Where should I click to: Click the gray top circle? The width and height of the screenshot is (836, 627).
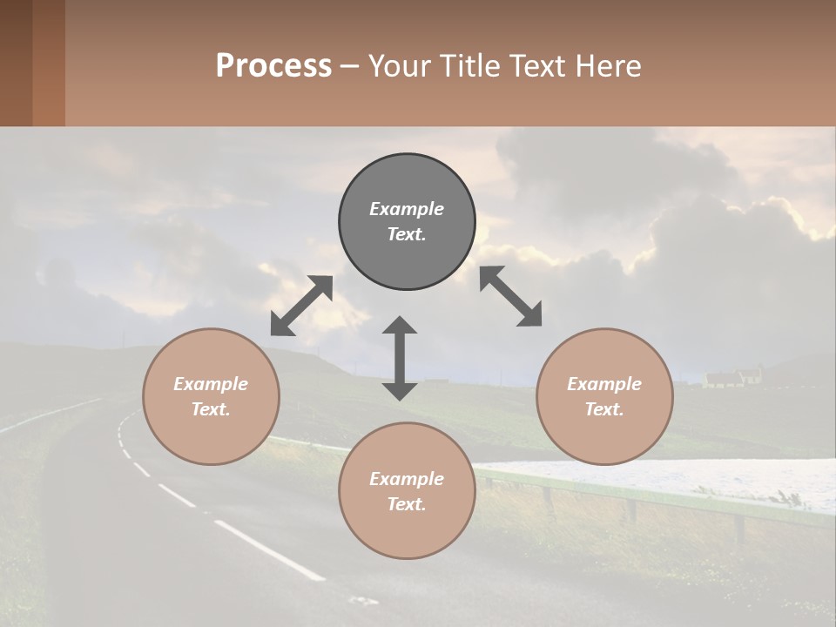coord(407,222)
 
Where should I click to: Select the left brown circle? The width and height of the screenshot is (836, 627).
coord(211,396)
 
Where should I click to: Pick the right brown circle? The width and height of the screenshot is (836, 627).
coord(604,396)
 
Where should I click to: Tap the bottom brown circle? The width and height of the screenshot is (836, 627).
coord(407,491)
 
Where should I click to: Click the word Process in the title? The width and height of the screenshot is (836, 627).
coord(273,66)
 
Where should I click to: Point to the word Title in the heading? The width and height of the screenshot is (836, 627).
coord(470,66)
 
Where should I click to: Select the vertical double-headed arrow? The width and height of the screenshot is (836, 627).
coord(400,358)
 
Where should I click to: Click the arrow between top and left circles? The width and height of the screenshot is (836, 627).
coord(301,306)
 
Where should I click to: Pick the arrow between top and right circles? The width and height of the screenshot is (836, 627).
coord(510,296)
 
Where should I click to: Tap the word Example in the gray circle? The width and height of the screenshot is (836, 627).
coord(407,209)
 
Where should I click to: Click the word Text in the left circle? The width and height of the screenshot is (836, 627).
coord(211,409)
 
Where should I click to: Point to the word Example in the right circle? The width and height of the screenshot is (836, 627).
coord(604,384)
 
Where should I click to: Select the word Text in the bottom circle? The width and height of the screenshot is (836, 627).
coord(407,504)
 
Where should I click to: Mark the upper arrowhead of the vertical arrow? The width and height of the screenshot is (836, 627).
coord(400,326)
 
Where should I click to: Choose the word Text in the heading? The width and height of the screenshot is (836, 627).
coord(540,66)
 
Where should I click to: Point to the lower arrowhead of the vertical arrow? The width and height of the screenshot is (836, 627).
coord(400,390)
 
